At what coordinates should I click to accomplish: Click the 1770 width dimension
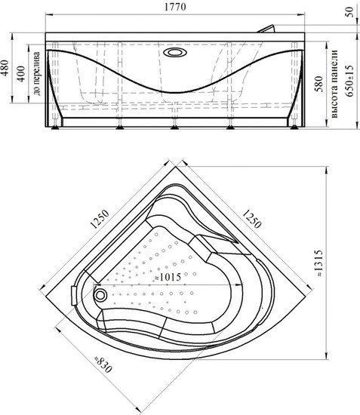pyautogui.click(x=175, y=7)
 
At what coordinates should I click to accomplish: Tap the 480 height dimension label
pyautogui.click(x=5, y=68)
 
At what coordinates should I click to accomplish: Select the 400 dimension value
pyautogui.click(x=21, y=74)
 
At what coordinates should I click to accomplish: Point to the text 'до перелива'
pyautogui.click(x=37, y=73)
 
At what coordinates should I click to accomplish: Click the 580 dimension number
pyautogui.click(x=319, y=84)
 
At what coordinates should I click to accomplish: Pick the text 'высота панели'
pyautogui.click(x=334, y=84)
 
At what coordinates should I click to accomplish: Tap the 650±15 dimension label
pyautogui.click(x=349, y=81)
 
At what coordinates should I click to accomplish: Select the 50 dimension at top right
pyautogui.click(x=349, y=12)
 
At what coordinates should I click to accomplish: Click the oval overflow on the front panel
pyautogui.click(x=175, y=52)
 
